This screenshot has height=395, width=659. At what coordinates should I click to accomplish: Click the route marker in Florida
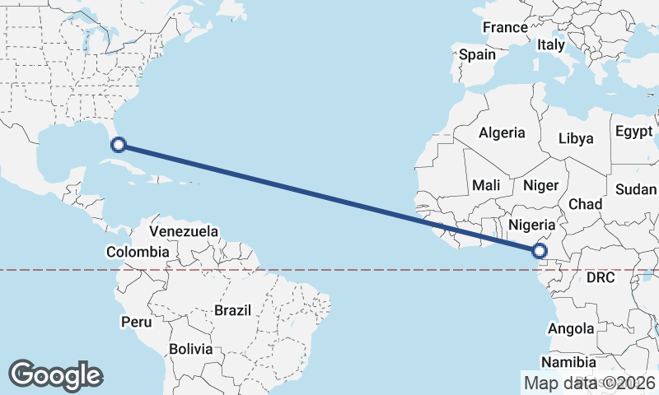click(x=119, y=146)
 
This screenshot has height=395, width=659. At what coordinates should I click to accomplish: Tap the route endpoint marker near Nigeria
click(x=540, y=251)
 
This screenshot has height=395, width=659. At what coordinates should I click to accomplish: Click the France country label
click(x=505, y=28)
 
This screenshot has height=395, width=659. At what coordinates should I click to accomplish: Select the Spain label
click(x=478, y=55)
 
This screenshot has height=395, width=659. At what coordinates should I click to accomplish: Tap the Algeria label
click(x=502, y=132)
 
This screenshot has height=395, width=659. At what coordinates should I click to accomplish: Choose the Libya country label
click(x=576, y=138)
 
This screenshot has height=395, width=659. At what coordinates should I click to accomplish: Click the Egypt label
click(x=633, y=132)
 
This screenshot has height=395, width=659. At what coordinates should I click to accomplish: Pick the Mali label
click(x=487, y=186)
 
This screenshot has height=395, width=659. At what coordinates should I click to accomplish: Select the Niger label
click(x=541, y=186)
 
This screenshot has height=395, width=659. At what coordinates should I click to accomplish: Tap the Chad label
click(x=585, y=204)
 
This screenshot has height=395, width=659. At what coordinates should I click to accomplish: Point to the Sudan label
click(x=635, y=190)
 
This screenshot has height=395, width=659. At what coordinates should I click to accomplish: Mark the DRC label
click(x=601, y=278)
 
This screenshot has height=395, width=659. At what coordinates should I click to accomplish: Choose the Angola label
click(x=570, y=329)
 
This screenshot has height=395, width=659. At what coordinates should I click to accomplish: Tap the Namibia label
click(x=569, y=362)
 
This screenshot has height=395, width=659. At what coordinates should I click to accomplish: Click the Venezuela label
click(x=184, y=231)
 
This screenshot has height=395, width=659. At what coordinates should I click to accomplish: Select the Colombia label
click(x=138, y=252)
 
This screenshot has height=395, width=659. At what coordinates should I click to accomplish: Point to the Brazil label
click(x=232, y=311)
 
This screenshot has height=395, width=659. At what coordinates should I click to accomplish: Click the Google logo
click(x=56, y=375)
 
